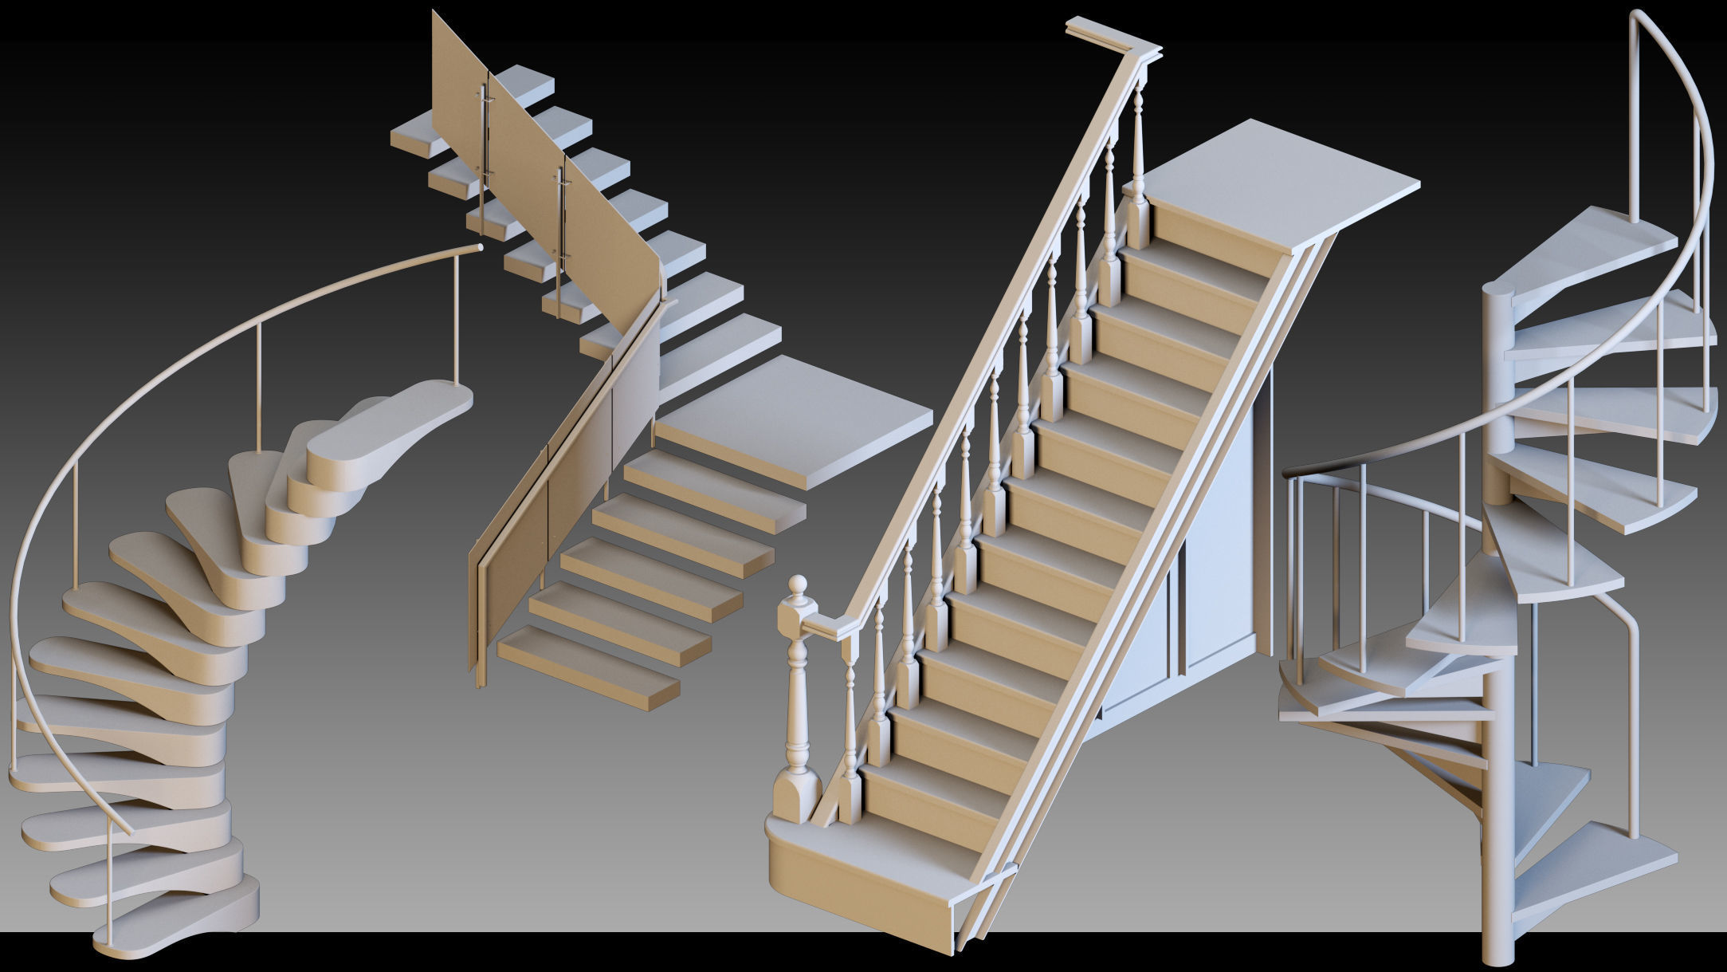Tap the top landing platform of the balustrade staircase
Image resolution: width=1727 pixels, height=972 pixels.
[x=1275, y=187]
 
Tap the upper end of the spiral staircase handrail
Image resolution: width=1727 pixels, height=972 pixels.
[x=1634, y=20]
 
